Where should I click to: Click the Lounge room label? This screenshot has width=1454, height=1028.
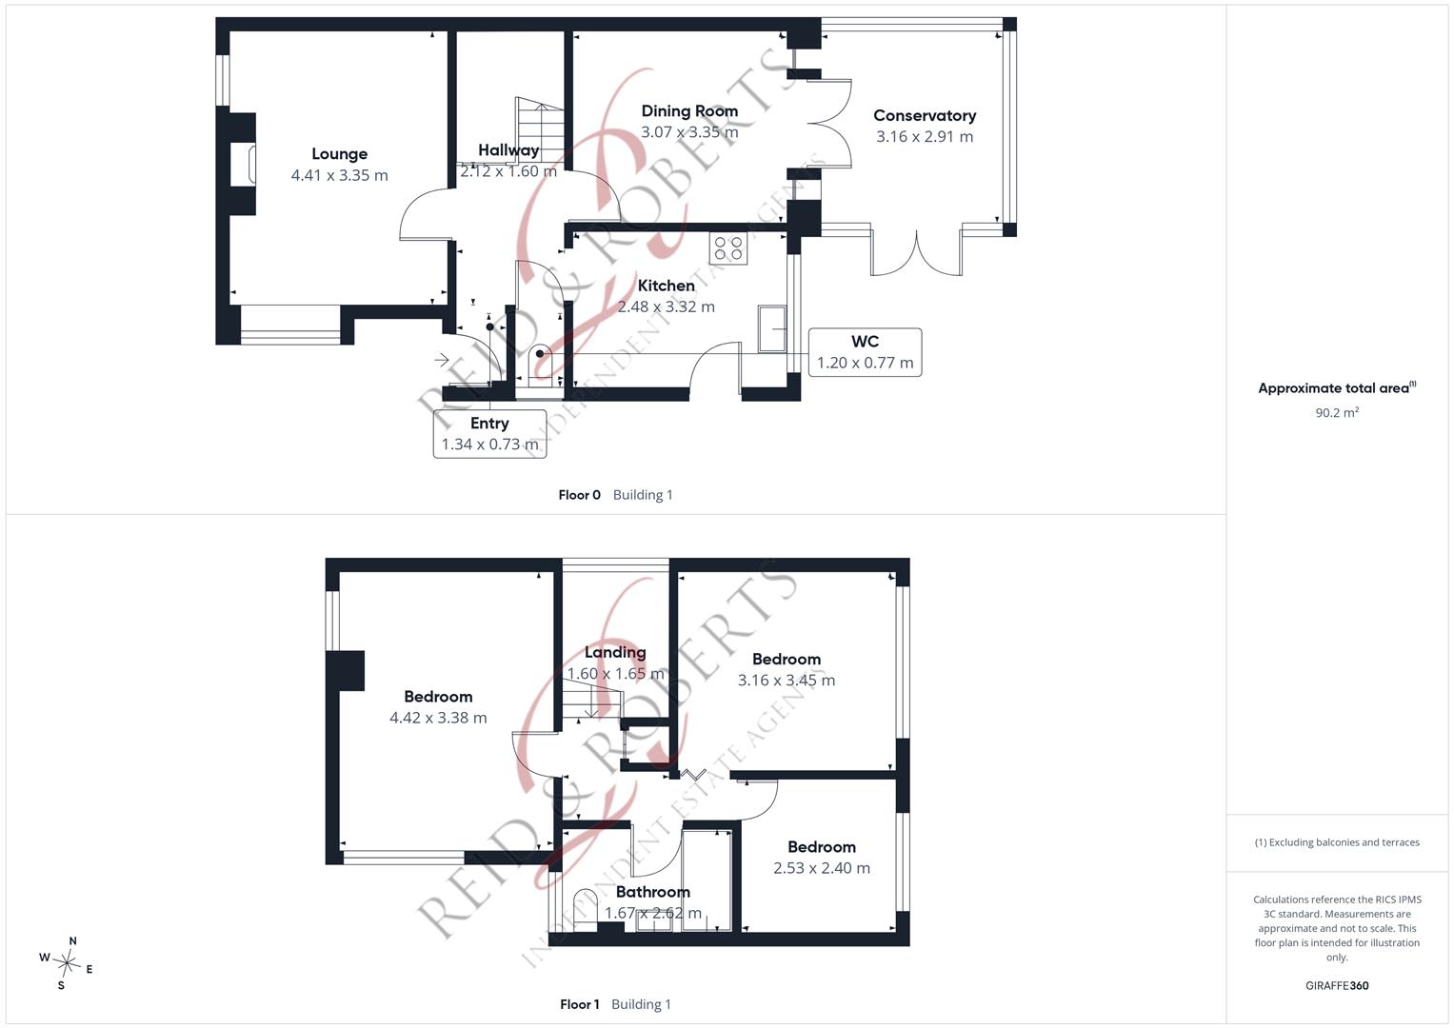click(x=340, y=154)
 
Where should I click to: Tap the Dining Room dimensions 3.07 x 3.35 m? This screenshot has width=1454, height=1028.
click(x=689, y=132)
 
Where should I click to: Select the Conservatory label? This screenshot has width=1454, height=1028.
click(x=925, y=115)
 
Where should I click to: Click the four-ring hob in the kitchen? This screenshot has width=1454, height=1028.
click(x=728, y=248)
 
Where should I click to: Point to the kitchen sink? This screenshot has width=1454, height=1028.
click(x=772, y=329)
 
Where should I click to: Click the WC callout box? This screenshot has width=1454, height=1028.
click(x=865, y=352)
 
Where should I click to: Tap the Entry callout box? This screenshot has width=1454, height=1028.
click(x=489, y=434)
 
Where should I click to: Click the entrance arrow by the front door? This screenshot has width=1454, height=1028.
click(x=442, y=360)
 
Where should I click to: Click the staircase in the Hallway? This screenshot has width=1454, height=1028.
click(x=539, y=129)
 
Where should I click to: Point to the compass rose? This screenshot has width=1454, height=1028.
click(x=67, y=963)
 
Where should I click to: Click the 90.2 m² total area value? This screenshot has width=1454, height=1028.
click(x=1337, y=413)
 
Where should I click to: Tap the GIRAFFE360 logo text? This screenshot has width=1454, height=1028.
click(x=1337, y=985)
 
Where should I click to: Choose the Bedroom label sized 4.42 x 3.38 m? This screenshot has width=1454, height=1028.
click(x=438, y=697)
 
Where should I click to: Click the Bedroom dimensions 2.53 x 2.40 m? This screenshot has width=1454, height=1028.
click(x=821, y=868)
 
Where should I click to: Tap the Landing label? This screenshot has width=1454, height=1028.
click(x=615, y=652)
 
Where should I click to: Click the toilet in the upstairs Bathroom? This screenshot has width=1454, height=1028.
click(x=585, y=910)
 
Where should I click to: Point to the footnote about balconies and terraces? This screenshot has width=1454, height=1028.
click(x=1337, y=842)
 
